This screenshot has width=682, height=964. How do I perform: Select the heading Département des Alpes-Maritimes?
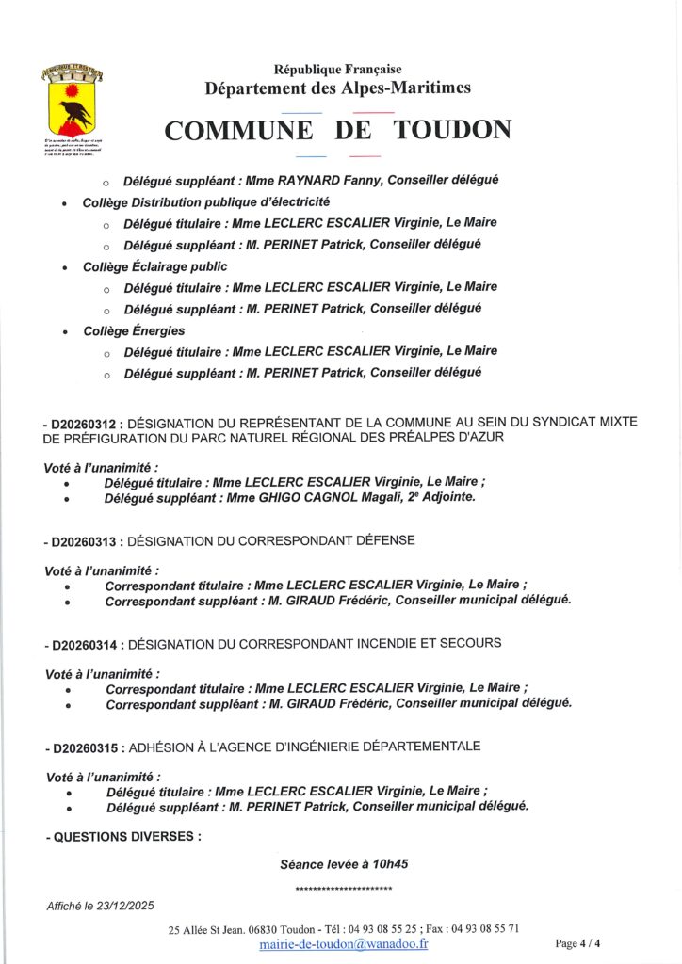point(337,88)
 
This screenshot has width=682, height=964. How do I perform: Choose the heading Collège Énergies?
point(133,330)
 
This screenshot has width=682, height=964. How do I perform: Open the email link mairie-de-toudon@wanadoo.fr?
point(343,943)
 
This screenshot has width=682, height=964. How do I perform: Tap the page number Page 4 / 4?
point(577,943)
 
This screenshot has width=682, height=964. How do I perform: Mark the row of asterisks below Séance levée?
point(344,889)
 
